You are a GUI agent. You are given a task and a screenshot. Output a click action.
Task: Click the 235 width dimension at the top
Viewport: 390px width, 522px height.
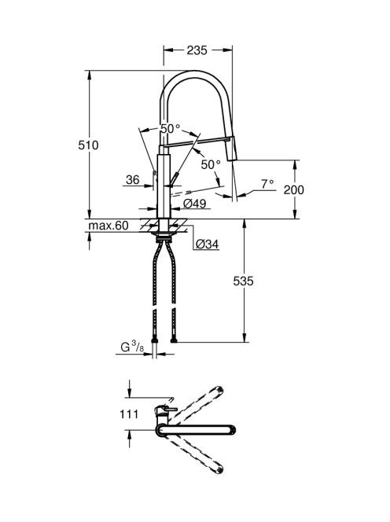point(197,50)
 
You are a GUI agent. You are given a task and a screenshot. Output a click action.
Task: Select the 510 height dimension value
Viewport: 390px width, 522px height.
point(88,145)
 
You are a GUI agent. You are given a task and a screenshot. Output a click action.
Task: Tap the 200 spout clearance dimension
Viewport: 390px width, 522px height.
point(294,189)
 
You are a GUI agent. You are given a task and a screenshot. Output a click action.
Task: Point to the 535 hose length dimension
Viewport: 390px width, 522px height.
point(243,281)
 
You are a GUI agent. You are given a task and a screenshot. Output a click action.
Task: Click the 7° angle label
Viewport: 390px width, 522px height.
point(267,183)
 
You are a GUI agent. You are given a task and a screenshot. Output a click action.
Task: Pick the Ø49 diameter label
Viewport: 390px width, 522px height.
point(195,203)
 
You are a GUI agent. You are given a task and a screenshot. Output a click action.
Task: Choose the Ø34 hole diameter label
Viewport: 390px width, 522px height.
point(207,244)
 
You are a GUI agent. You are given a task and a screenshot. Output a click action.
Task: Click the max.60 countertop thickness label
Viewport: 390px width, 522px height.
point(109,226)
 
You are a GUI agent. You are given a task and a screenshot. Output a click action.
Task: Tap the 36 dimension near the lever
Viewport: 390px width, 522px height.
point(133,180)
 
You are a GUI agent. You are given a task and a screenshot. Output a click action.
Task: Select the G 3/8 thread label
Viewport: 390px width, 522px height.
point(132,347)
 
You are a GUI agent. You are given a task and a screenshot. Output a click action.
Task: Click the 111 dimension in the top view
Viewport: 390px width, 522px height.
point(129,414)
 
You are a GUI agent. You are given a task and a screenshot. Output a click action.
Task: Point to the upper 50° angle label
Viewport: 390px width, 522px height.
point(171,128)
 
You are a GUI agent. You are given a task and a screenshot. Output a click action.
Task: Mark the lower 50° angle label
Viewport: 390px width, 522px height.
point(211,164)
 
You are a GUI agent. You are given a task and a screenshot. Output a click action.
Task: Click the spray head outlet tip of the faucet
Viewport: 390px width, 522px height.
point(232,160)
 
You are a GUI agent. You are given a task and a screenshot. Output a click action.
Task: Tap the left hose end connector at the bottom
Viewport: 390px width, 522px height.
point(154,340)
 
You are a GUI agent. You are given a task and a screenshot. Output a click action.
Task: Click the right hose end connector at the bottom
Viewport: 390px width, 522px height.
point(173,340)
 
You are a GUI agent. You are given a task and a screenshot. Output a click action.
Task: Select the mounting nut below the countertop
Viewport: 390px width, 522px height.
point(164,237)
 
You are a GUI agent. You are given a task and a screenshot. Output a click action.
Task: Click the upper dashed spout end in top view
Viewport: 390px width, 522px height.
point(219,390)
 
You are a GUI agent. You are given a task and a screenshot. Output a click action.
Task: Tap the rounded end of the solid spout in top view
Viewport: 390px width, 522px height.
point(232,430)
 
